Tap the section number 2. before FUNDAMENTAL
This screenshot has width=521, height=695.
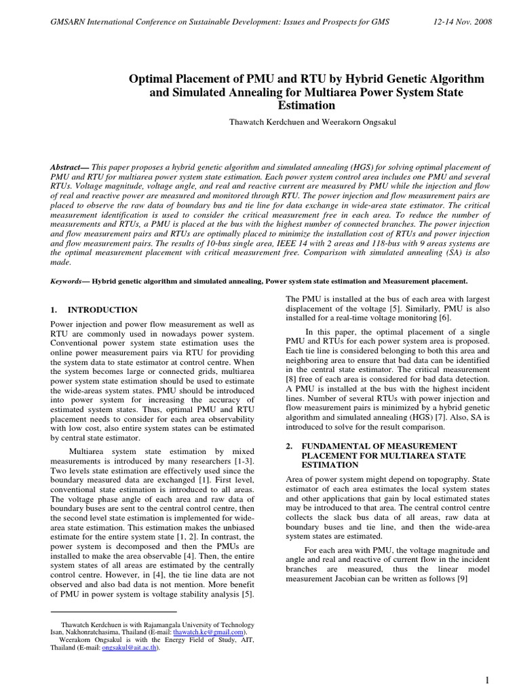[x=289, y=445]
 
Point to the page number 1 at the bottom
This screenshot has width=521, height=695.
[x=488, y=680]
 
